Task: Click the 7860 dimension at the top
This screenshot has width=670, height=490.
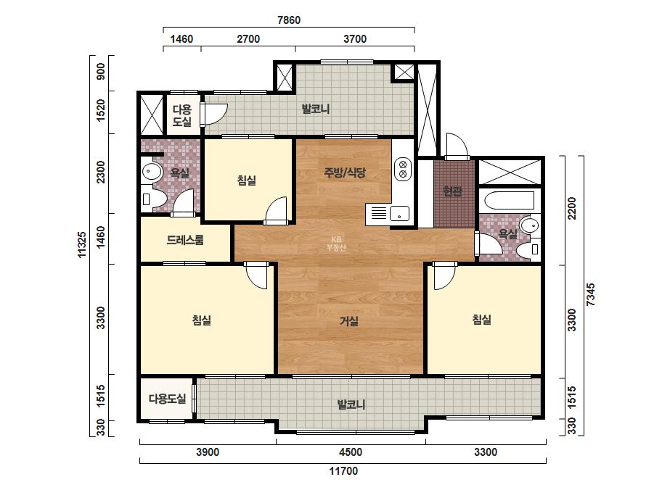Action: click(289, 20)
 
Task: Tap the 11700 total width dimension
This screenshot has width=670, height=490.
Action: click(343, 471)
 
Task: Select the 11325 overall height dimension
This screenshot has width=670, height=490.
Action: click(82, 244)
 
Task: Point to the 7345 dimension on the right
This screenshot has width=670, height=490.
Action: click(590, 294)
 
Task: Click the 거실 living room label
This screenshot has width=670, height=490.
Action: click(349, 321)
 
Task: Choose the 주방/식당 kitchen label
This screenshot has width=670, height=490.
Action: click(345, 173)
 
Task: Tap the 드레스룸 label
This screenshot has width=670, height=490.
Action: click(185, 240)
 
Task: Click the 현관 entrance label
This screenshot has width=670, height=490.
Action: click(452, 191)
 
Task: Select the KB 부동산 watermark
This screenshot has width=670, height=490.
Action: click(336, 244)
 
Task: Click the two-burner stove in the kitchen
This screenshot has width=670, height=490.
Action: click(403, 169)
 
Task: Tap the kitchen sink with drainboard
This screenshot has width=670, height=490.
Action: click(388, 213)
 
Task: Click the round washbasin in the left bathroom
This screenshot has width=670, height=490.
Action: click(151, 172)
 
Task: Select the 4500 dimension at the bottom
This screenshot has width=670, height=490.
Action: click(351, 452)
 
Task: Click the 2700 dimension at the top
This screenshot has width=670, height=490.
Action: click(248, 39)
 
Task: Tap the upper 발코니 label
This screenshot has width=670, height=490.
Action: click(316, 109)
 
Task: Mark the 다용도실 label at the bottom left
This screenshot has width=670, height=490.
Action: click(167, 399)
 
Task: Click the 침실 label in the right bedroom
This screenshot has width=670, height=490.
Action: click(481, 320)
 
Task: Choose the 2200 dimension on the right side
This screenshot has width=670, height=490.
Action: click(572, 208)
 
